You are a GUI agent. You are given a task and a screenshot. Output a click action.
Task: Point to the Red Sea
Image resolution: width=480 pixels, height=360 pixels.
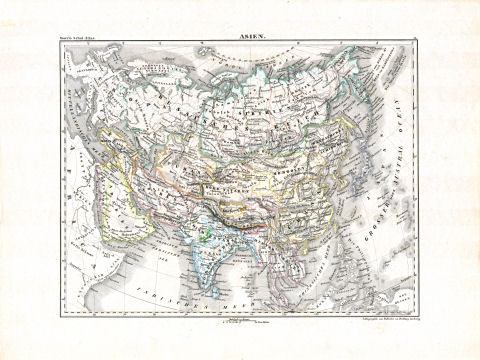pos(99,215)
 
